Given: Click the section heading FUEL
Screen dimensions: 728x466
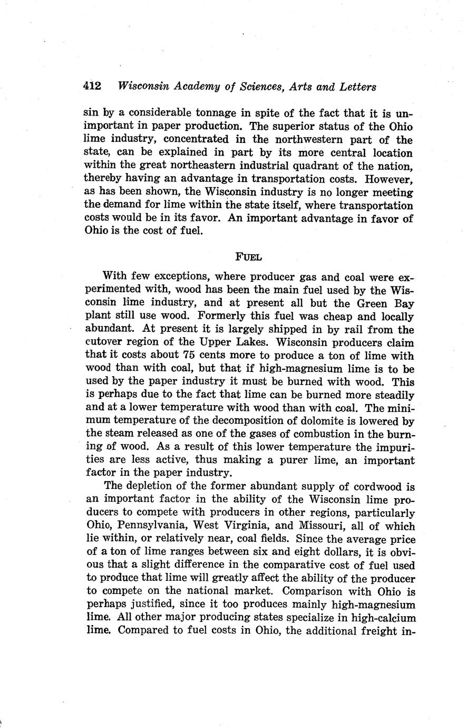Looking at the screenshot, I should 248,257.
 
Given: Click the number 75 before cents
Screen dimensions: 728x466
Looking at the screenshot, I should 189,356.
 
